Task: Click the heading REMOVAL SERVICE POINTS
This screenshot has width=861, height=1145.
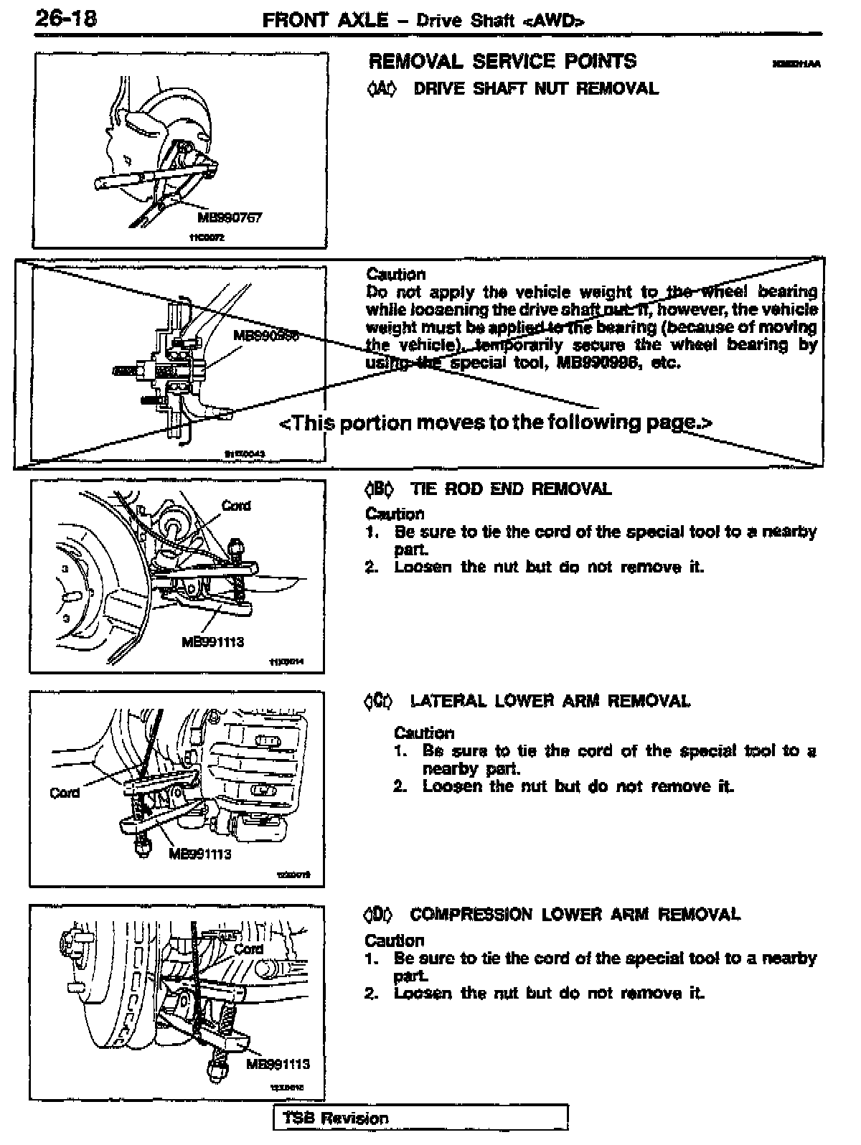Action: [502, 62]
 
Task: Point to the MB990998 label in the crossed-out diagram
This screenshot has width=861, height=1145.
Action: [265, 335]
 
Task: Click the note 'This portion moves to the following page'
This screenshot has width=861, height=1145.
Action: [495, 422]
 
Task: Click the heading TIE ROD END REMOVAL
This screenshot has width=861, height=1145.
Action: [510, 489]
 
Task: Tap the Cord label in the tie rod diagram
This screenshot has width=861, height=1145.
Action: [236, 506]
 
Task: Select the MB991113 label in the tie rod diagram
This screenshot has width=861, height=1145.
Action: [213, 641]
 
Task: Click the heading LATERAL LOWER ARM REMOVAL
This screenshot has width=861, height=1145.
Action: [550, 701]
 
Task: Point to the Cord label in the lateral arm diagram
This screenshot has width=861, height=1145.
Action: [65, 793]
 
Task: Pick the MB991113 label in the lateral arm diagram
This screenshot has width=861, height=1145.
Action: [200, 854]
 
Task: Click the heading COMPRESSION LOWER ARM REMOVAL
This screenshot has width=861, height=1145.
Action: [575, 915]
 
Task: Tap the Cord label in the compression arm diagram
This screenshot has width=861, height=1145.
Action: [249, 948]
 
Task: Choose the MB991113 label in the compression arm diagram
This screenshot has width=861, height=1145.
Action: [278, 1064]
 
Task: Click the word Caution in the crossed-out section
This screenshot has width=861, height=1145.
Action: [395, 274]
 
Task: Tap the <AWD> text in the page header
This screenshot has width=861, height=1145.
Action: [554, 21]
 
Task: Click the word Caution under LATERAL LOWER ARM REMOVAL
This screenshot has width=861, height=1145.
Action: [424, 733]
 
